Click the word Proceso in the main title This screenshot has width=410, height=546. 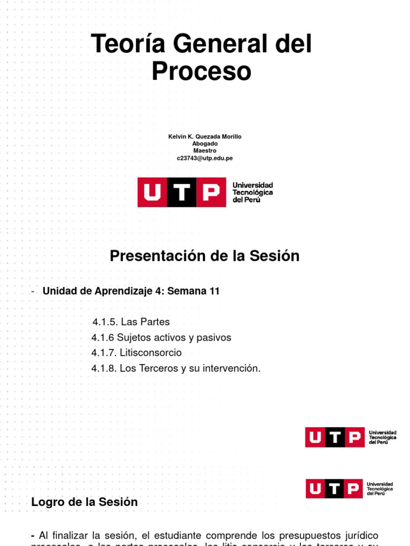[x=201, y=71]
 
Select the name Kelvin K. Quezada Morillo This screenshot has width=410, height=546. [x=205, y=136]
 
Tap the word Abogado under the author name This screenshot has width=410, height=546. [x=205, y=143]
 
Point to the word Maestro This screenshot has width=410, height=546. [x=205, y=150]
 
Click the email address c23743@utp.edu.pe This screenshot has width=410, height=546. [x=205, y=158]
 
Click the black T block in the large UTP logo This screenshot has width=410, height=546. [x=182, y=192]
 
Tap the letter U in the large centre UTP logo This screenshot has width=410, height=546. [x=153, y=192]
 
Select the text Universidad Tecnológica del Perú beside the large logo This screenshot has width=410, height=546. [x=253, y=192]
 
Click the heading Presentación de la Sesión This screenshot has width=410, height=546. [x=204, y=256]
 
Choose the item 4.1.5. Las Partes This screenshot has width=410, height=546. [x=131, y=322]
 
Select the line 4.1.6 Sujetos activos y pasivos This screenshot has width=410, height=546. [x=161, y=337]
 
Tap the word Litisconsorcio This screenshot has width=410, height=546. [x=151, y=352]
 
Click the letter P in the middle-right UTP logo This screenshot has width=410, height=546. [x=353, y=437]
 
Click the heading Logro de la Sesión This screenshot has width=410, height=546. [x=84, y=502]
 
